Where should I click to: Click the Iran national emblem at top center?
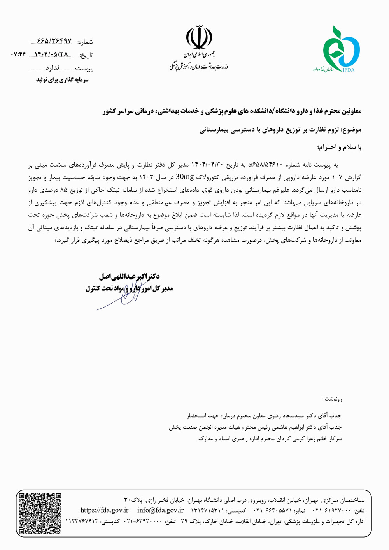(199, 37)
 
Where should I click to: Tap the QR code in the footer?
(40, 513)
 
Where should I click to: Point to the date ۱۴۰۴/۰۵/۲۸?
(51, 54)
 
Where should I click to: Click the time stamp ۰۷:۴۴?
(19, 54)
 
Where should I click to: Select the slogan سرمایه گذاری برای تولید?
(62, 80)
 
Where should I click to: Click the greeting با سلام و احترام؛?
(340, 147)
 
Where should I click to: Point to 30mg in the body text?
(185, 177)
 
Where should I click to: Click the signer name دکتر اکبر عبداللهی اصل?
(129, 277)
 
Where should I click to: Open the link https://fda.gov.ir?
(104, 510)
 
